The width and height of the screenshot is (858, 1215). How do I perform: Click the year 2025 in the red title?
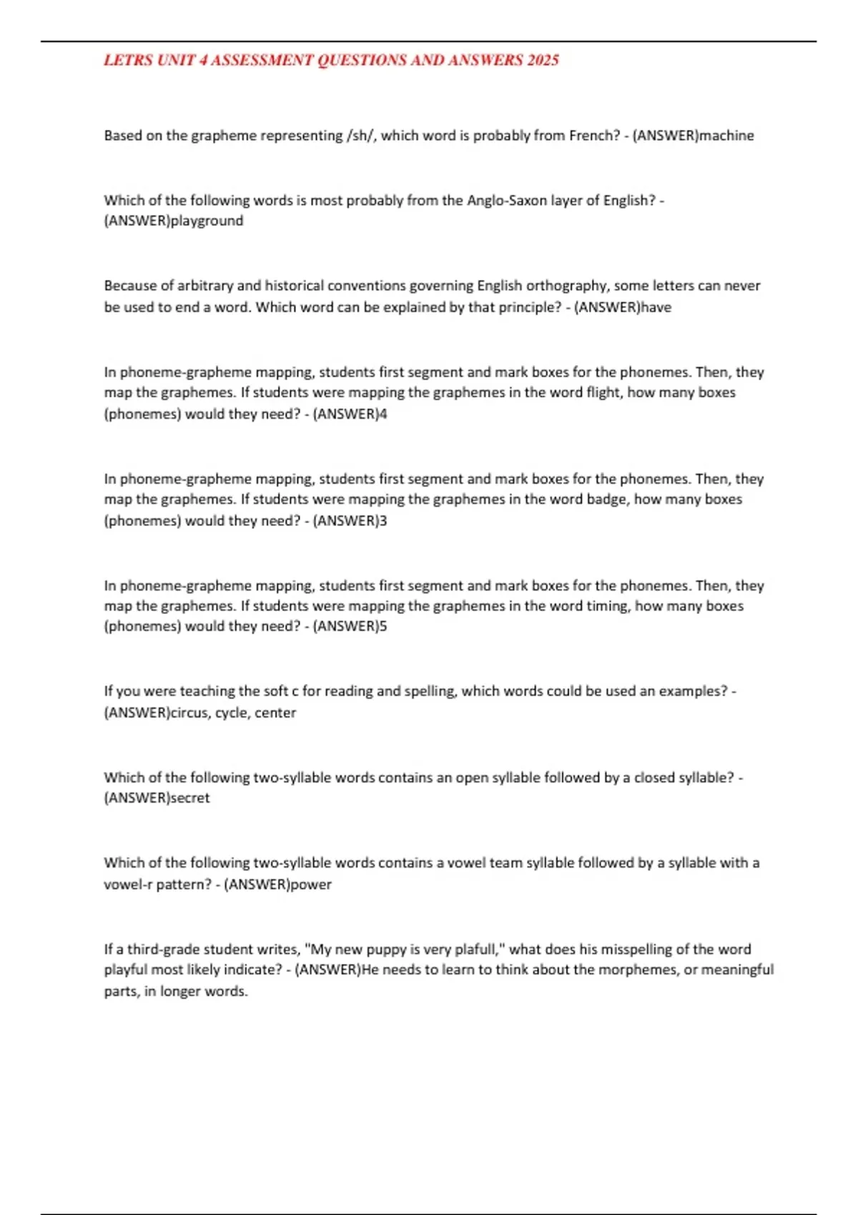tap(543, 61)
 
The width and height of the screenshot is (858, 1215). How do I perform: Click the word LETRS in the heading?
tap(128, 61)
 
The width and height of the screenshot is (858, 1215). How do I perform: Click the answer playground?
tap(207, 221)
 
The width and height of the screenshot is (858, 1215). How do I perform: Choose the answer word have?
tap(656, 307)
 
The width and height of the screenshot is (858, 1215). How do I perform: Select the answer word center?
tap(275, 713)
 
